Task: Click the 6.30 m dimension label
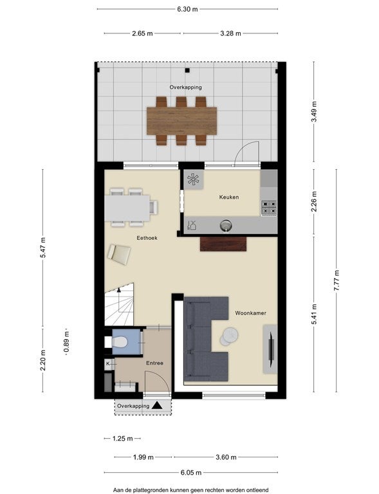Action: (187, 9)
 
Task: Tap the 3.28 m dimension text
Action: (230, 33)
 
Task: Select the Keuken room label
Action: (229, 197)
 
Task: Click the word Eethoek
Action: (147, 238)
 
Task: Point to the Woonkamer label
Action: (250, 313)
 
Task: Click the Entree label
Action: (154, 363)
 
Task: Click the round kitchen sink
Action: (226, 225)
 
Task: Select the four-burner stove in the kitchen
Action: (269, 208)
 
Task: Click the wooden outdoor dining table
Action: (182, 121)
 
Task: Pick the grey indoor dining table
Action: (127, 208)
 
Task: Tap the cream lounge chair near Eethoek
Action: (119, 254)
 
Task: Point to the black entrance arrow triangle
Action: (157, 405)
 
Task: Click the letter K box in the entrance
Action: (108, 363)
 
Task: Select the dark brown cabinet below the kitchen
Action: (223, 244)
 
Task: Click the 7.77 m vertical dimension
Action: (336, 280)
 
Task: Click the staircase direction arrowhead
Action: (119, 290)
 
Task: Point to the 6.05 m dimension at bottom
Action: (191, 473)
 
